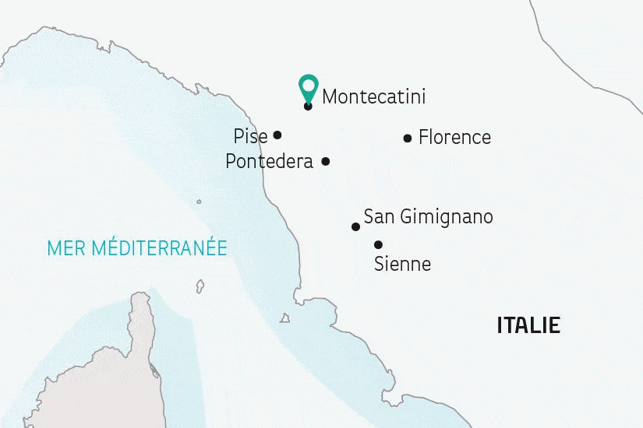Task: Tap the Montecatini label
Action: coord(374,97)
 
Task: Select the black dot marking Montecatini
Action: coord(309,106)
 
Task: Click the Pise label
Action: coord(250,137)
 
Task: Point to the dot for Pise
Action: coord(277,135)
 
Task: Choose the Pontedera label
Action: coord(269,162)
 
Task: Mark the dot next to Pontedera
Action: coord(326,162)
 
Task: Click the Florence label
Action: coord(454,138)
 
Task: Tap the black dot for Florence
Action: coord(408,139)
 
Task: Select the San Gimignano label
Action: coord(429,217)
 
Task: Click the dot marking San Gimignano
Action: coord(356,227)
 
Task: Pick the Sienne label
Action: coord(402,265)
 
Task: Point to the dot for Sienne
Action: coord(378,244)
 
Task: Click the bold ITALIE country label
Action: coord(528,325)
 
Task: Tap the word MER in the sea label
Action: coord(66,248)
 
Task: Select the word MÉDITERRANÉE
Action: coord(159,247)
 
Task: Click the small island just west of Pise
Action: coord(199,202)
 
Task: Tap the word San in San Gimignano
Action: coord(378,217)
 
